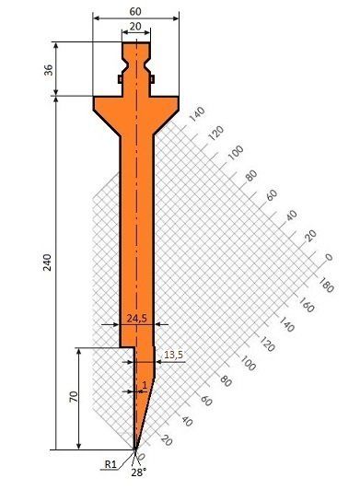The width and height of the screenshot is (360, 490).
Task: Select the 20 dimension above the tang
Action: (x=135, y=28)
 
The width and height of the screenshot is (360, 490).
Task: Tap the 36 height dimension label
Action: (x=49, y=68)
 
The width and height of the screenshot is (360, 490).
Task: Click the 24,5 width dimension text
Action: (x=135, y=319)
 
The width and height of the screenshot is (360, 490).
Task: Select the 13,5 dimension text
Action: (x=172, y=354)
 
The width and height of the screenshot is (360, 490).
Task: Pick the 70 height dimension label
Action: (x=71, y=397)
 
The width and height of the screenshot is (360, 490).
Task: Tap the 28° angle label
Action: (x=138, y=472)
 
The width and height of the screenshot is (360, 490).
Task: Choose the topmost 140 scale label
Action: (x=195, y=118)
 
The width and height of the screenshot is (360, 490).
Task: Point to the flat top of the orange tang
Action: (x=136, y=42)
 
